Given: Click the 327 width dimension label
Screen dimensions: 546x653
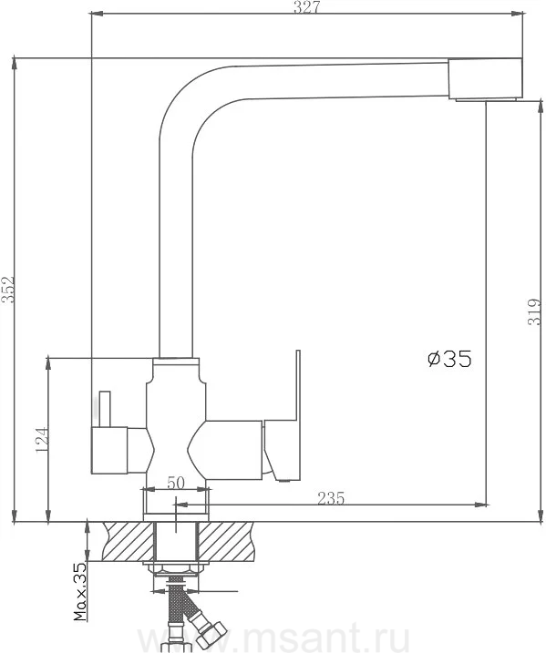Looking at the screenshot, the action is (306, 6).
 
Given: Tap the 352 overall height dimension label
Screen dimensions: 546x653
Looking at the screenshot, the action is (8, 290).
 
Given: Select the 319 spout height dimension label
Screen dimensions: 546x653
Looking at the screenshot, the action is (534, 311).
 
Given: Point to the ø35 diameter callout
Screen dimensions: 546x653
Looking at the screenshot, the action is (449, 359).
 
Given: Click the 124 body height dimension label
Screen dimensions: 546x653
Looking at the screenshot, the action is (42, 440).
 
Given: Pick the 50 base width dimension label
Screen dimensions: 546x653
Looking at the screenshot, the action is (176, 483).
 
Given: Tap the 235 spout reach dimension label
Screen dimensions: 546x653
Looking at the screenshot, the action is (331, 498).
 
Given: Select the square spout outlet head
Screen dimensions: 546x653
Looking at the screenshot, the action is (485, 79).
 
